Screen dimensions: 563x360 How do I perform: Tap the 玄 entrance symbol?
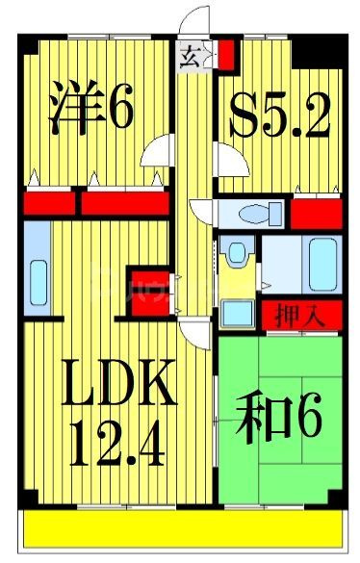(188, 57)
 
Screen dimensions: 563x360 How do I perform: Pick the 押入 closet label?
(300, 315)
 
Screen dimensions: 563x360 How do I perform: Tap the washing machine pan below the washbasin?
(235, 313)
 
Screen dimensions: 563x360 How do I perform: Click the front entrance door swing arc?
(196, 24)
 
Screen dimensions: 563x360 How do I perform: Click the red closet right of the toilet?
(314, 211)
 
